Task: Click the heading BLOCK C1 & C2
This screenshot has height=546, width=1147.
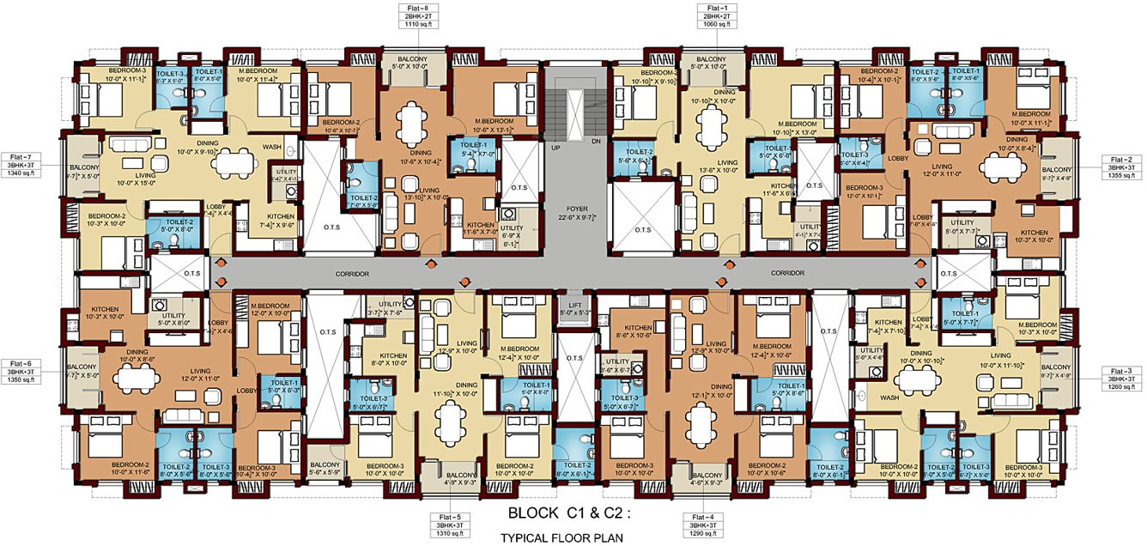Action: pyautogui.click(x=569, y=515)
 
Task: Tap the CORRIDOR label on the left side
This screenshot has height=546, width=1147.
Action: pyautogui.click(x=353, y=273)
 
